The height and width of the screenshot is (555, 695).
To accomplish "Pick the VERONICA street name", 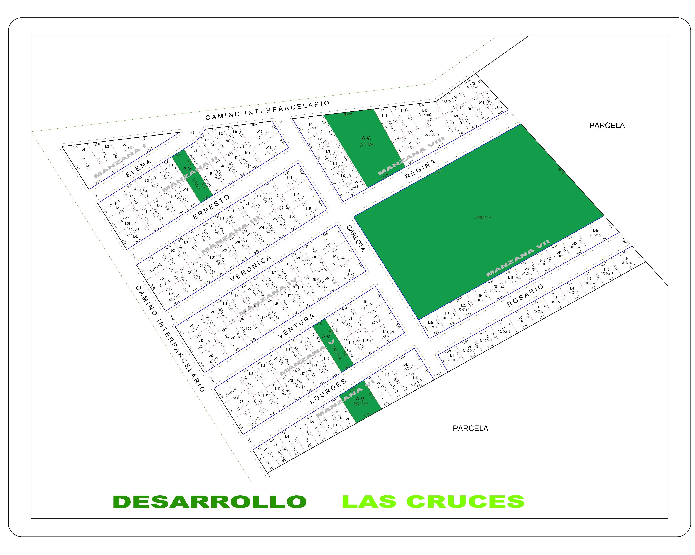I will point(251,268).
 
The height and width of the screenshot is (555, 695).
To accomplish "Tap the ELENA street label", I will point(139,168).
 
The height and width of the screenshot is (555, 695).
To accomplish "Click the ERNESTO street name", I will point(211,207).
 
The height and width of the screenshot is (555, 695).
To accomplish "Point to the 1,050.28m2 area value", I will point(367,145).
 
